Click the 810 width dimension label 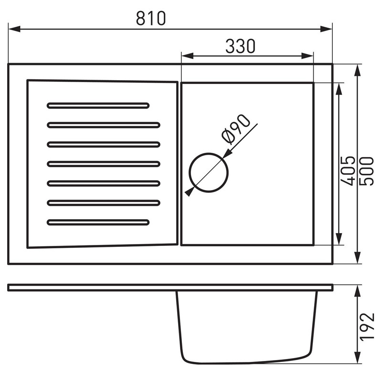pos(151,18)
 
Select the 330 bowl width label pos(240,46)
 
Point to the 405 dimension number pos(348,171)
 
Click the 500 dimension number pos(366,171)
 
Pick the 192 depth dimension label pos(367,327)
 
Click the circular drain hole pos(209,173)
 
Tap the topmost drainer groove pos(98,106)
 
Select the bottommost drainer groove pos(98,223)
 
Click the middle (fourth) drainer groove pos(104,164)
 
